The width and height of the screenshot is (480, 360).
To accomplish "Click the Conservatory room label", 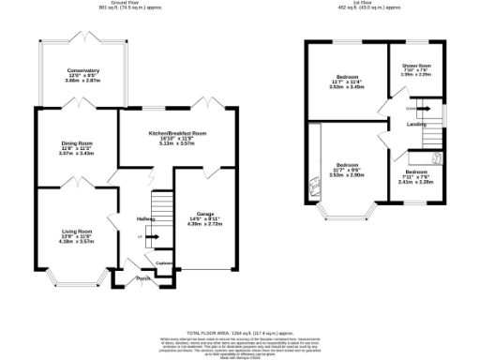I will [82, 71].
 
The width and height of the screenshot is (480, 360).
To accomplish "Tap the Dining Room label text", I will [77, 142].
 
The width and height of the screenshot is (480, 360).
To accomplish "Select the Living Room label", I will [77, 231].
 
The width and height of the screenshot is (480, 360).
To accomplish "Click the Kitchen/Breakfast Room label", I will [177, 134].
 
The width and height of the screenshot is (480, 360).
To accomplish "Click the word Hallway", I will [145, 217].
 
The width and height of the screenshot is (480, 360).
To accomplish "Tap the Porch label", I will [143, 278].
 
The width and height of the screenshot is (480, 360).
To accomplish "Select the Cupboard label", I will [162, 262].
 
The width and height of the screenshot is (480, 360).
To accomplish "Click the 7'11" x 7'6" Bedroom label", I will [417, 173].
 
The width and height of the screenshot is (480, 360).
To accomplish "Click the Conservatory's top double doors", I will [82, 38].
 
